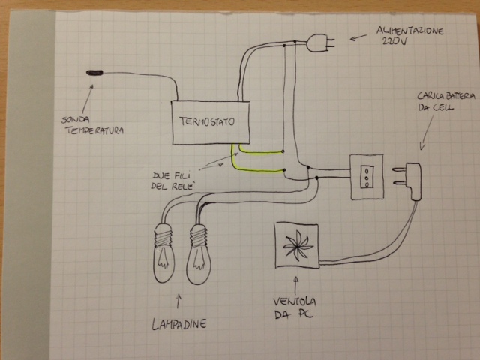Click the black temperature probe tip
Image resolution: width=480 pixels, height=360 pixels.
(x=95, y=73)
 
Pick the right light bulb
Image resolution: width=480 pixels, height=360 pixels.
(x=199, y=251)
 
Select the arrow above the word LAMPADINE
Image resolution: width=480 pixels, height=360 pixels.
(x=178, y=301)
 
